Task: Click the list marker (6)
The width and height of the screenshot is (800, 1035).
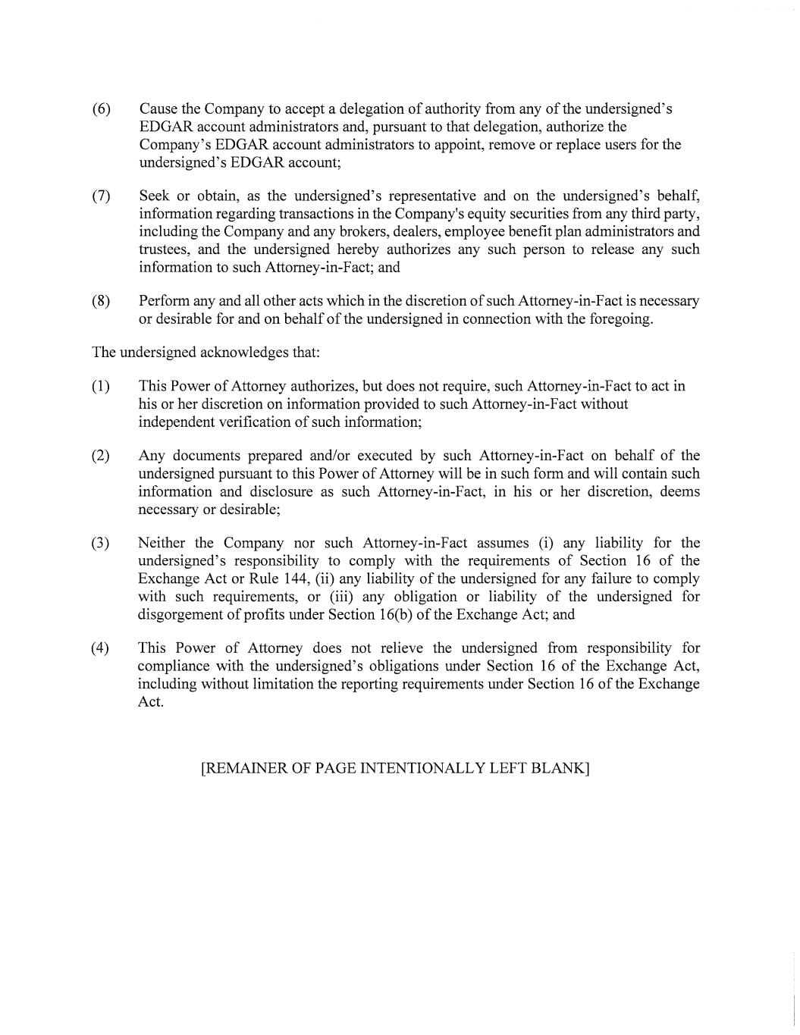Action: [x=102, y=108]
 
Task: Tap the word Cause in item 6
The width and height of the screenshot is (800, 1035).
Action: [x=158, y=108]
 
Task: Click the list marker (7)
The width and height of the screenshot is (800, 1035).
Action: [x=102, y=196]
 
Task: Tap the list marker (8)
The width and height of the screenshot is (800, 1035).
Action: [x=102, y=301]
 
